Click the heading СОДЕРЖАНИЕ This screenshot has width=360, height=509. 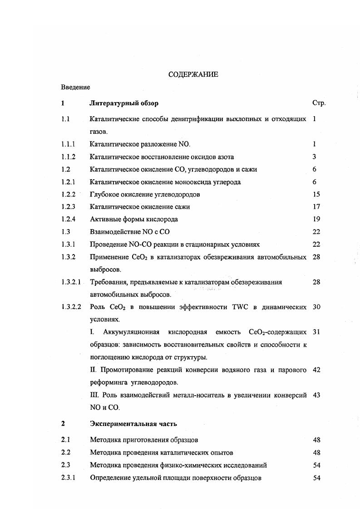coord(193,74)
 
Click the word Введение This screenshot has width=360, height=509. coord(75,87)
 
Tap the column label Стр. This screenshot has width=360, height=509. coord(319,103)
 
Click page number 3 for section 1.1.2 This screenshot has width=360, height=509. coord(314,157)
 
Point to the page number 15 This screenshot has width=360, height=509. coord(316,194)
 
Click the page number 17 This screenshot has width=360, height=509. coord(316,207)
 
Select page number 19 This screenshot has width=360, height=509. coord(316,219)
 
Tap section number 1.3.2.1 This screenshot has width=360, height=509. coord(71,282)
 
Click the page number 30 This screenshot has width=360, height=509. coord(316,307)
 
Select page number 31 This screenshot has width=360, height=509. coord(316,332)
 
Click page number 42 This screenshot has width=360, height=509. coord(316,370)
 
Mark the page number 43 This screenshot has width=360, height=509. coord(316,395)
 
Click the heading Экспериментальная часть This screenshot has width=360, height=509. coord(133,424)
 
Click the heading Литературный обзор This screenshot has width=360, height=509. coord(124,103)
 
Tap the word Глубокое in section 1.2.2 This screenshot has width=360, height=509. coord(105,194)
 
